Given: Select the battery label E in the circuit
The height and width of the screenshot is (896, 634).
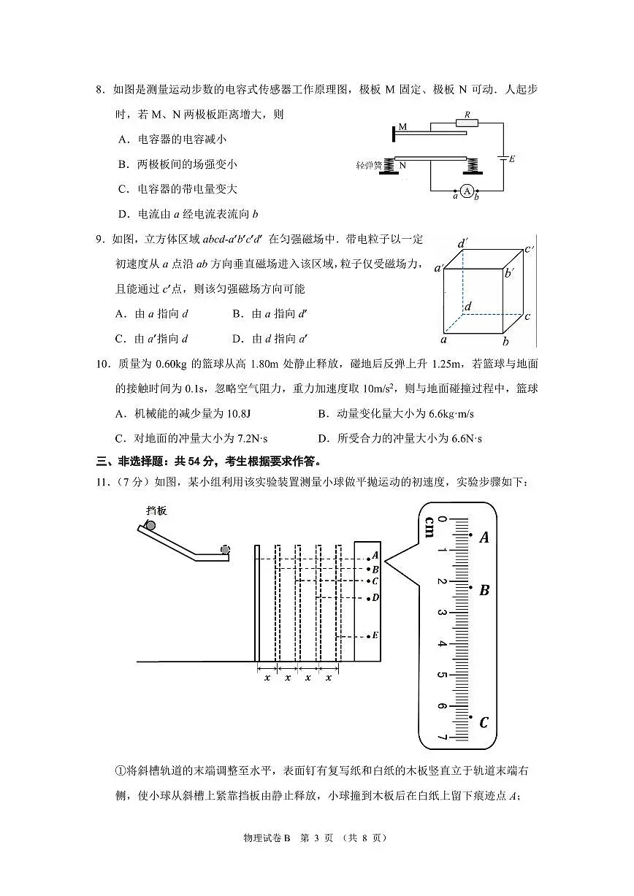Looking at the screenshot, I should tap(512, 158).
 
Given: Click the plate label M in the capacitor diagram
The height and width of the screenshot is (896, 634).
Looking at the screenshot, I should tap(402, 127).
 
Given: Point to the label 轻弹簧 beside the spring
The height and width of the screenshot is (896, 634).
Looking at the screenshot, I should tap(369, 166).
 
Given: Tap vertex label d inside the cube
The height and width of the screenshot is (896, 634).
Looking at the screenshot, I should tap(467, 306).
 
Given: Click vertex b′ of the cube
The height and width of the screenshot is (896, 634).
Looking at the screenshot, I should tap(508, 272).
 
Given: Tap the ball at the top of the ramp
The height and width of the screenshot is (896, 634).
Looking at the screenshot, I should tap(150, 525).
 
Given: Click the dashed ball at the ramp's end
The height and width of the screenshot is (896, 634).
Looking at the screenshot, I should tap(225, 550).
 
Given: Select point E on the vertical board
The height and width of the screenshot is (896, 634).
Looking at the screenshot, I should tap(375, 635).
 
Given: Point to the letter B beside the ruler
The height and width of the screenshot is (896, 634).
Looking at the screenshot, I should tap(484, 590).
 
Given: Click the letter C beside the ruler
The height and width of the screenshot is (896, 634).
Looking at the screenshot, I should tap(484, 723).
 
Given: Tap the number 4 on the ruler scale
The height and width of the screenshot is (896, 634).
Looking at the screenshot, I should tap(441, 643).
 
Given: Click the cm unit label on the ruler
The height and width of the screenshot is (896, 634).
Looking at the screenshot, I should tap(429, 526).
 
